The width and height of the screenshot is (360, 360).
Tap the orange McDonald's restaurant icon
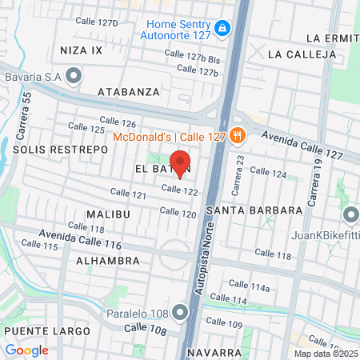click(236, 135)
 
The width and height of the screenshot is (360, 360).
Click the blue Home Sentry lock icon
click(225, 30)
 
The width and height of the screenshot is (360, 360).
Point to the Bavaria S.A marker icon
click(74, 76)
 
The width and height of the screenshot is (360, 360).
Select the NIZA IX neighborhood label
click(82, 50)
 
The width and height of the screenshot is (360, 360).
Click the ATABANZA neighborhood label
click(129, 92)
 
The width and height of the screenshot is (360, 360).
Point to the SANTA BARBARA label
click(254, 210)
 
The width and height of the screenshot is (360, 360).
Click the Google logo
click(26, 350)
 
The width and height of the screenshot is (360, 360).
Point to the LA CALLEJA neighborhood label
click(302, 54)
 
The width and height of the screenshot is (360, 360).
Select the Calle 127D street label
click(96, 22)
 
